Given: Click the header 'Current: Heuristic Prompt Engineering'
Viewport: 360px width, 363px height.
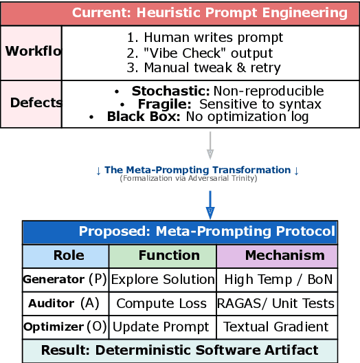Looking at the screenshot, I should (210, 13).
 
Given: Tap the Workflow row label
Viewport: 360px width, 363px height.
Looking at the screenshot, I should (32, 52).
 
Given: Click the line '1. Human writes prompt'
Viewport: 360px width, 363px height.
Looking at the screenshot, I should (185, 38).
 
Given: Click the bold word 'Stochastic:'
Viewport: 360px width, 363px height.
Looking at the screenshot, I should (170, 91).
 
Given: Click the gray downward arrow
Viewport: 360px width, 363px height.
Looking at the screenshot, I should (210, 146).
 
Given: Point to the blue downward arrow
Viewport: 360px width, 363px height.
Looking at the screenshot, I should (210, 204).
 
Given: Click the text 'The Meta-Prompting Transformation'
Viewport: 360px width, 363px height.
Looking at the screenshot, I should (197, 170).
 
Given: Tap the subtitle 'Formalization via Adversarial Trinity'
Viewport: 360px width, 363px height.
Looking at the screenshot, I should (197, 178).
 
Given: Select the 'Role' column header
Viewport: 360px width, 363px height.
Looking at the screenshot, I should (69, 256).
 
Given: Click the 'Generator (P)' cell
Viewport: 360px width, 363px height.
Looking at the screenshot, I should (65, 279).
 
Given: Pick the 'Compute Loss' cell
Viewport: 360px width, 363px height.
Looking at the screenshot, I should (161, 303).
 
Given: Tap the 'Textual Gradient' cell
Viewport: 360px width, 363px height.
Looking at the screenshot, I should (275, 327).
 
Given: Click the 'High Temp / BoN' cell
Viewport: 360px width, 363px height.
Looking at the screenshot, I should (276, 279).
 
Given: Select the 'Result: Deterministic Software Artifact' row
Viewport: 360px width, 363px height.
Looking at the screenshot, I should (179, 350).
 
